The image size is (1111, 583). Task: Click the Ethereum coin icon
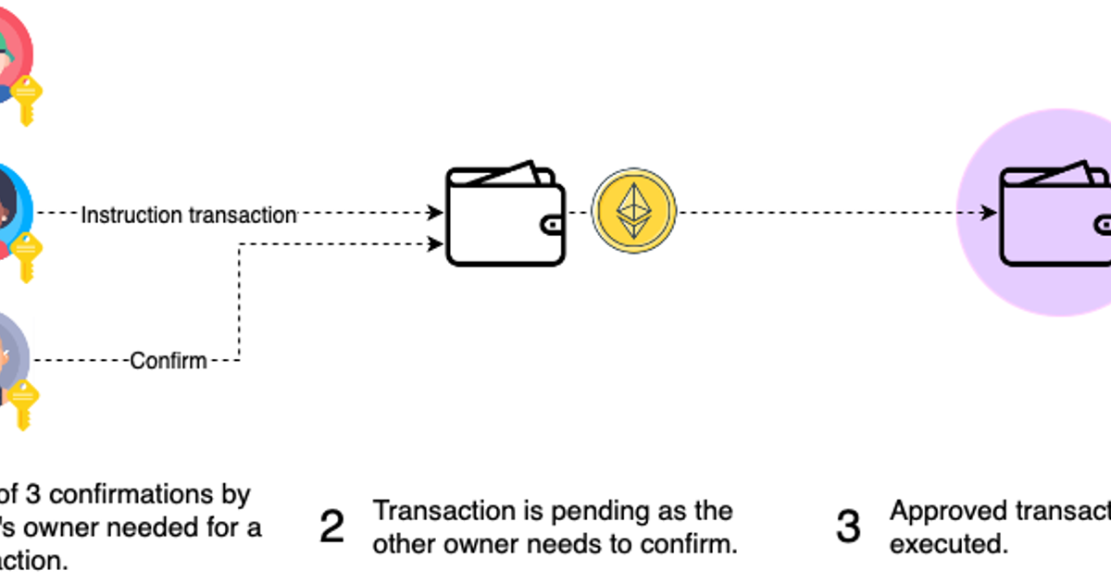coord(634,212)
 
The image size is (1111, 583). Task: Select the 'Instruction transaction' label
coord(189,215)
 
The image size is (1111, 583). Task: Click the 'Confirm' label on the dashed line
coord(169,360)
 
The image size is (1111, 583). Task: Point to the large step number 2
coord(331,527)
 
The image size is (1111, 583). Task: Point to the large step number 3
coord(848,527)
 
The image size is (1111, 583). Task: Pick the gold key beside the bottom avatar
coord(24,403)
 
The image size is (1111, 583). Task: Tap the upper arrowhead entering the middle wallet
coord(436,214)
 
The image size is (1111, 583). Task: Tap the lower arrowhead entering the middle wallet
coord(436,244)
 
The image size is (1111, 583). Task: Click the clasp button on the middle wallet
coord(553,225)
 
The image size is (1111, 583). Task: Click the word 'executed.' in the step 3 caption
coord(948,543)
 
